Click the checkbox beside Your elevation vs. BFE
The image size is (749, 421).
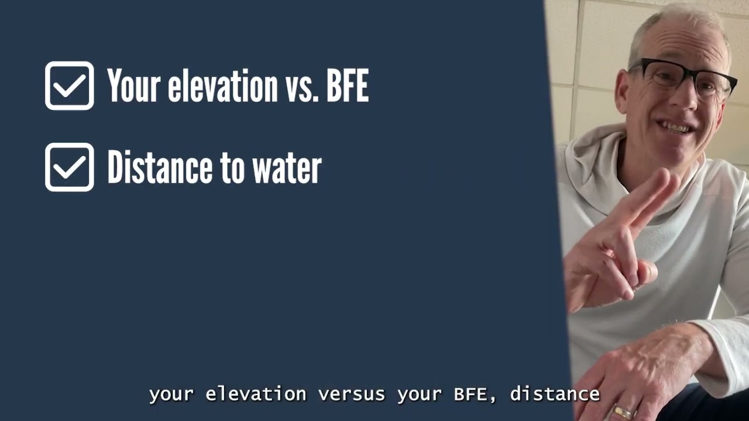69,86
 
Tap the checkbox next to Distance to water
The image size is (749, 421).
69,167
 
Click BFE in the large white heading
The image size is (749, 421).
347,87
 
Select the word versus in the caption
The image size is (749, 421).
352,394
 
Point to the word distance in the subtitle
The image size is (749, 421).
555,394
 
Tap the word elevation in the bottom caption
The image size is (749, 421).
256,394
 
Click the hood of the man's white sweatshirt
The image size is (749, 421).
591,152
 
